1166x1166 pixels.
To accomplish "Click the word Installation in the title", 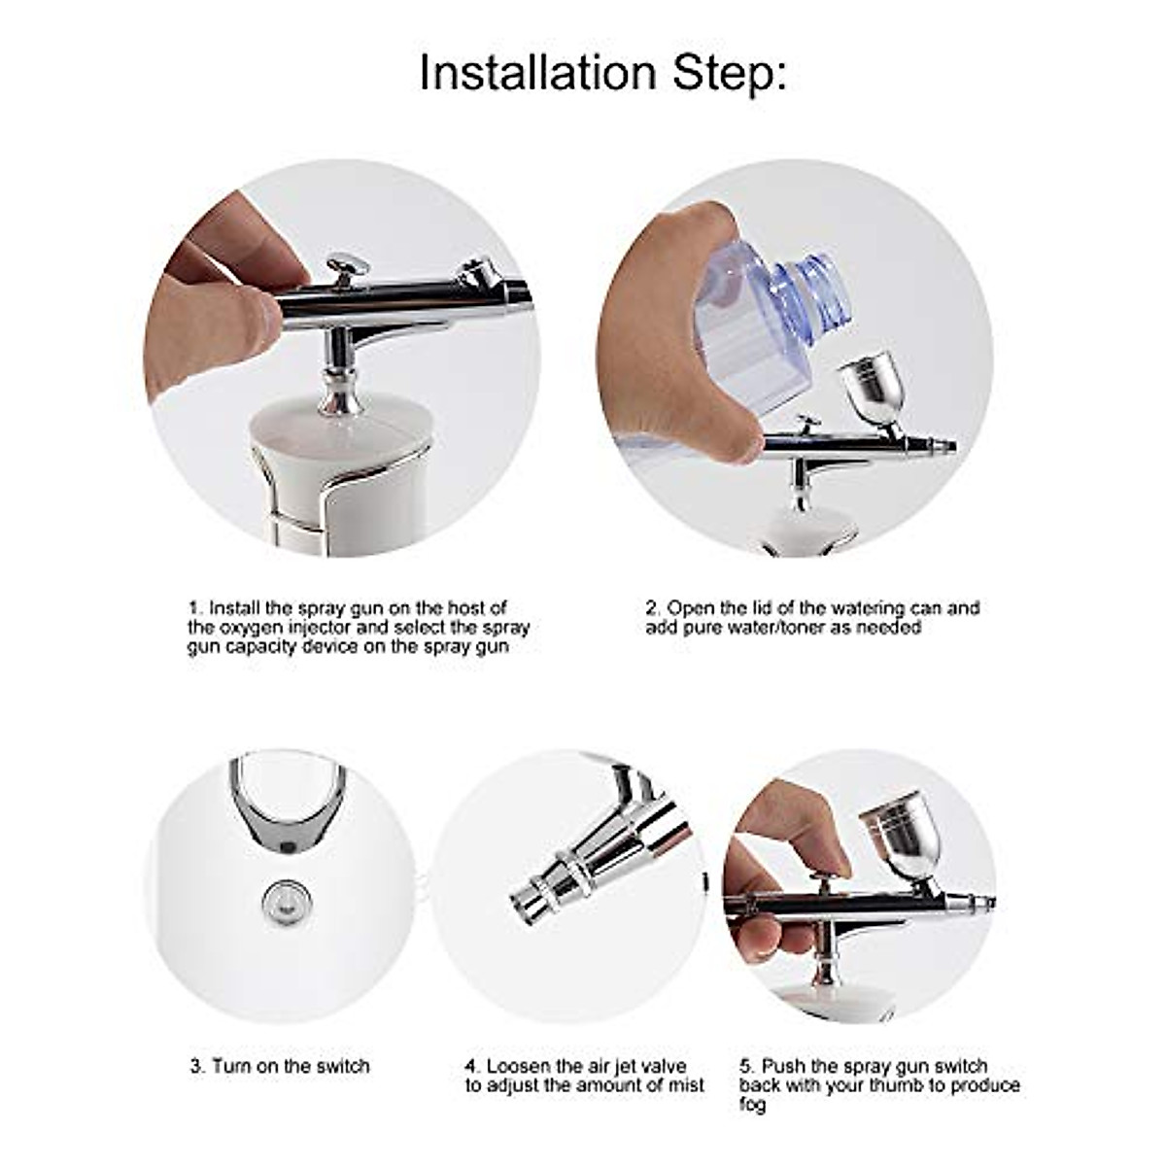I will tap(537, 73).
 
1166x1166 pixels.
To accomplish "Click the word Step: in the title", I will tap(730, 73).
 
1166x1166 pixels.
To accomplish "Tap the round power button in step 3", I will tap(283, 902).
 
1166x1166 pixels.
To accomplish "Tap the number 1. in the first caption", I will tap(195, 608).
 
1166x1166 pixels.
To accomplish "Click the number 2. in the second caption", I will tap(653, 608).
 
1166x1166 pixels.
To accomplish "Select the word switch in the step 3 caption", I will tap(341, 1066).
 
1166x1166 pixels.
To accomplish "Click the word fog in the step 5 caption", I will tap(752, 1106).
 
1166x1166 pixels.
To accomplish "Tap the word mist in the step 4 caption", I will tap(687, 1085).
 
